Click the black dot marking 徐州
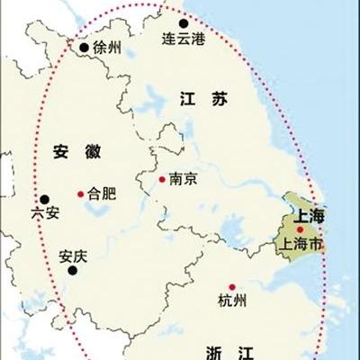click(x=84, y=48)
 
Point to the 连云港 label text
click(x=183, y=41)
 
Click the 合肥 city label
click(x=103, y=193)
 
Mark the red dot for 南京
click(x=162, y=179)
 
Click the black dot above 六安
click(x=43, y=199)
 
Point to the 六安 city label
click(x=44, y=214)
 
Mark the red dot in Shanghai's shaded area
click(x=300, y=229)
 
